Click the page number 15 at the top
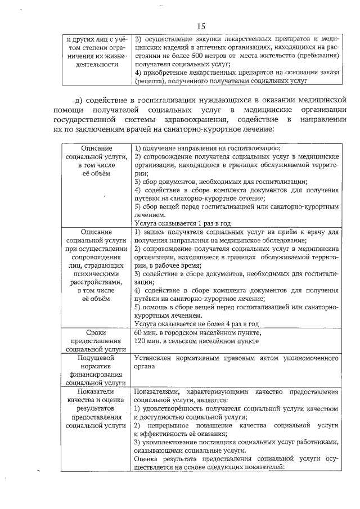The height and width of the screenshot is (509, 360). pos(202,26)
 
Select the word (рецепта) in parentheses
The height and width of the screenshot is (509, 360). pos(148,80)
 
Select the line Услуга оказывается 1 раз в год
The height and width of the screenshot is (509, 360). pos(183,223)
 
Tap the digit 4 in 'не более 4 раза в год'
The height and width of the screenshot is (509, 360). pos(225,324)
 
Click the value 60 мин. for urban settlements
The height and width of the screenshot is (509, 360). pos(148,332)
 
